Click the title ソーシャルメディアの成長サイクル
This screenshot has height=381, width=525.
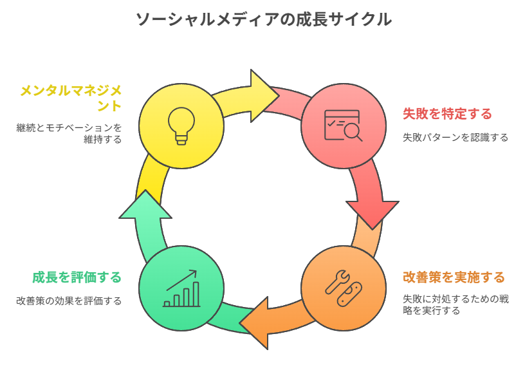pos(262,19)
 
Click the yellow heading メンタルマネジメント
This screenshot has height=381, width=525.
pos(70,97)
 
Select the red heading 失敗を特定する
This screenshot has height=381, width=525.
pos(447,114)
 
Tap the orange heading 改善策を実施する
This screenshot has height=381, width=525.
pos(454,277)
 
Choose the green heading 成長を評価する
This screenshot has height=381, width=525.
pos(77,277)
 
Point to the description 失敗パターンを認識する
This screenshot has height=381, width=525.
pos(456,137)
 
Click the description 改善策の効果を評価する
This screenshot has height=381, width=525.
pos(69,301)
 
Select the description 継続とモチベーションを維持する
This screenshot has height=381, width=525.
pos(69,133)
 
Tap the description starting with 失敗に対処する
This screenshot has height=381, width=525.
pos(456,305)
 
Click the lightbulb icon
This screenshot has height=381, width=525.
pos(181,125)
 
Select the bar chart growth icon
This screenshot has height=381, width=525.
pos(181,289)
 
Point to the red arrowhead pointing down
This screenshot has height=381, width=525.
pos(373,213)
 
